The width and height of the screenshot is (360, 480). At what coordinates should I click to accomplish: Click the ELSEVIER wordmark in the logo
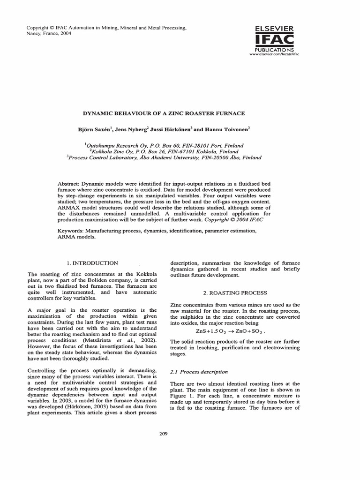[274, 29]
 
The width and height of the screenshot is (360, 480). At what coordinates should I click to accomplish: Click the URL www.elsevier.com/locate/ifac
[274, 54]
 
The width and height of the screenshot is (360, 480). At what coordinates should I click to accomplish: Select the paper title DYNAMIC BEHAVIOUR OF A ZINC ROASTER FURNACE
[164, 113]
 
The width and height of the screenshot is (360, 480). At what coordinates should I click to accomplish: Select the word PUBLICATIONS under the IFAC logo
[274, 49]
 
